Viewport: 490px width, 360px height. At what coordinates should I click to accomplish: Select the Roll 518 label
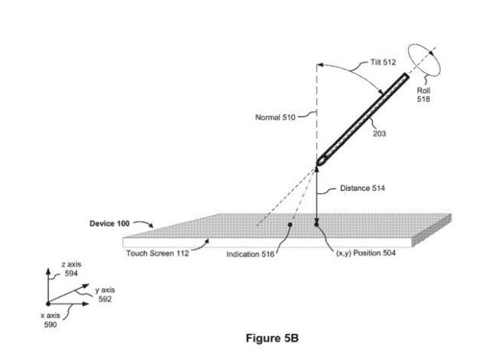pyautogui.click(x=423, y=95)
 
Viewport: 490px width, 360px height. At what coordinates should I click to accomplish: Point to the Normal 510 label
pyautogui.click(x=274, y=117)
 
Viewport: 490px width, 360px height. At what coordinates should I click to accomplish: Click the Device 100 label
pyautogui.click(x=109, y=223)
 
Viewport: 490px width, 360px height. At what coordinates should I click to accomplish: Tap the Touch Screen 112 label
pyautogui.click(x=158, y=254)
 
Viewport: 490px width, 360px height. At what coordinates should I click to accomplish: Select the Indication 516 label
pyautogui.click(x=250, y=254)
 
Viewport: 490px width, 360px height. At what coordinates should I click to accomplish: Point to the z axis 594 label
pyautogui.click(x=71, y=267)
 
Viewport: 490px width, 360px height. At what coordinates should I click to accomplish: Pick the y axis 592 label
pyautogui.click(x=105, y=295)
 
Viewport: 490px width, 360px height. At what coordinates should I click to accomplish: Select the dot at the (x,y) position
pyautogui.click(x=315, y=224)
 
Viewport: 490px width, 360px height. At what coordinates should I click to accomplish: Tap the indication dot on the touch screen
pyautogui.click(x=289, y=225)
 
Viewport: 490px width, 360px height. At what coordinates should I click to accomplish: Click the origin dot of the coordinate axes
pyautogui.click(x=50, y=304)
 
